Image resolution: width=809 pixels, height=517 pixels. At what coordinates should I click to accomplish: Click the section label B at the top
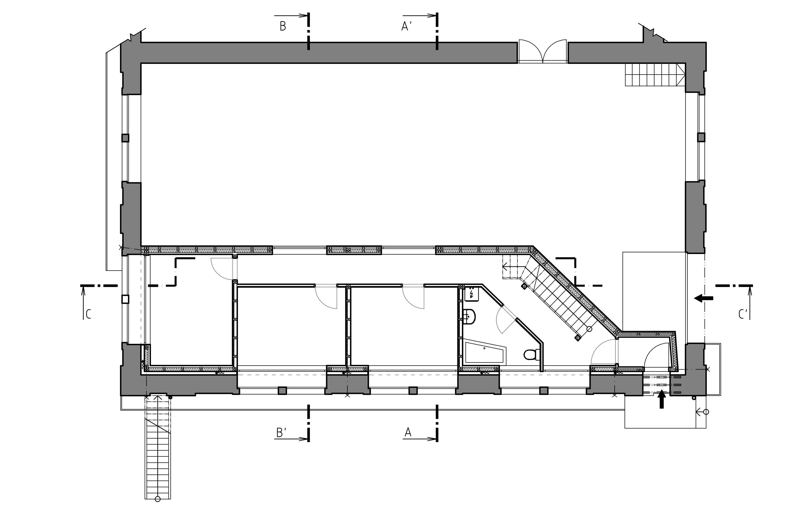283,26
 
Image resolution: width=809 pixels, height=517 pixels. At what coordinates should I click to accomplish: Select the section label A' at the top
407,26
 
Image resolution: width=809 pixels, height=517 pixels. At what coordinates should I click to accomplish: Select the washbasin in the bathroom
469,317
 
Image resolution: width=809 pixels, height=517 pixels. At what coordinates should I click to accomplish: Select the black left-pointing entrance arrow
703,298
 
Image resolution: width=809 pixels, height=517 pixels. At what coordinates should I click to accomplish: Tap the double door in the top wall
542,51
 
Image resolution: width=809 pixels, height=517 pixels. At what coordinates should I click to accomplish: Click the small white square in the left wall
125,299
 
